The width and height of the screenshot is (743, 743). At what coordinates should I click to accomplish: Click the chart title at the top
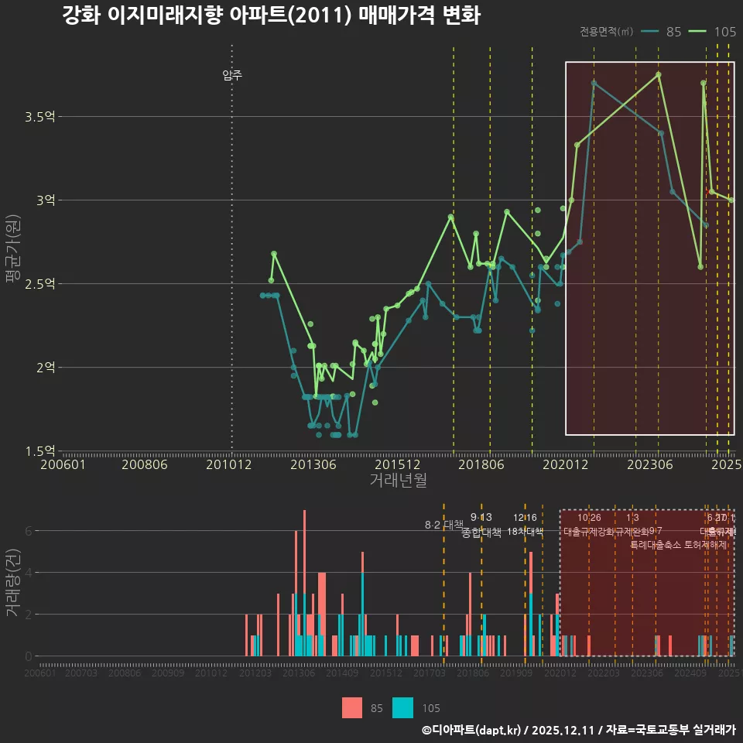tap(271, 15)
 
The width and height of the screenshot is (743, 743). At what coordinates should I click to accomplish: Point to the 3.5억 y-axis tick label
tap(40, 117)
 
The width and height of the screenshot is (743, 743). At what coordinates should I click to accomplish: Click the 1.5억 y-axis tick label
tap(40, 450)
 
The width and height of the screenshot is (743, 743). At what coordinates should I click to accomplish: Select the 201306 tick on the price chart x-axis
tap(313, 464)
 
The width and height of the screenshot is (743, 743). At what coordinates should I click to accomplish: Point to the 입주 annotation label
tap(232, 75)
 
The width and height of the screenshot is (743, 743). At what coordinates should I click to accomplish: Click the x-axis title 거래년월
tap(398, 480)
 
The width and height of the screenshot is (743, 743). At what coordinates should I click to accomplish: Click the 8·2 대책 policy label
tap(443, 525)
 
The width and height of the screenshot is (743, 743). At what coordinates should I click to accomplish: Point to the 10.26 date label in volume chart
tap(589, 518)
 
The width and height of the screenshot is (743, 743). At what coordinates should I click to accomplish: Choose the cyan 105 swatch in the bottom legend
tap(403, 707)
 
